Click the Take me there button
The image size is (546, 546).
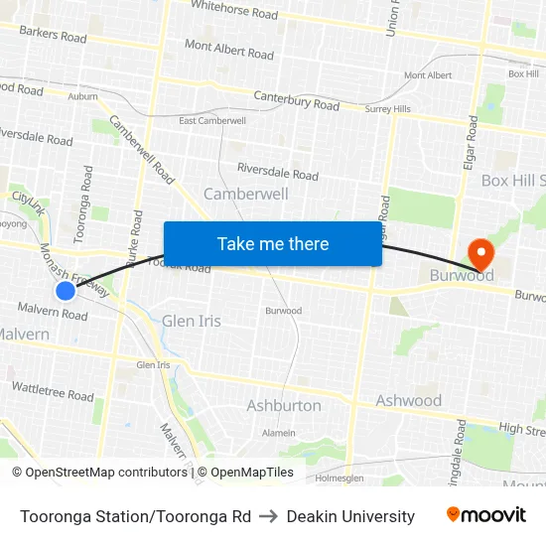click(273, 244)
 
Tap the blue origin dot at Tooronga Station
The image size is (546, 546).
click(66, 291)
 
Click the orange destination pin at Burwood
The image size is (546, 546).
click(481, 252)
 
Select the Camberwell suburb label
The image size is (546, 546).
click(245, 194)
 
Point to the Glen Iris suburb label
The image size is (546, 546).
click(192, 322)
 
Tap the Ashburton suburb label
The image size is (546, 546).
click(284, 405)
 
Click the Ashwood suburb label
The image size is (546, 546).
click(408, 401)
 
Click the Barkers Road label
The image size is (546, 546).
click(53, 36)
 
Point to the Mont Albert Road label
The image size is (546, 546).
click(228, 50)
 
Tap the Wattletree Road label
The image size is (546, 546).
click(52, 390)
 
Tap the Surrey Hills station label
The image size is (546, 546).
click(387, 109)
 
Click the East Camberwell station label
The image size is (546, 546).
click(212, 121)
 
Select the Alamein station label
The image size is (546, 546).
click(278, 433)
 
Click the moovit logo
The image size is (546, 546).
click(485, 515)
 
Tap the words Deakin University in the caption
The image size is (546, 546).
click(350, 516)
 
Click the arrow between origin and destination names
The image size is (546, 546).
click(269, 516)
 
